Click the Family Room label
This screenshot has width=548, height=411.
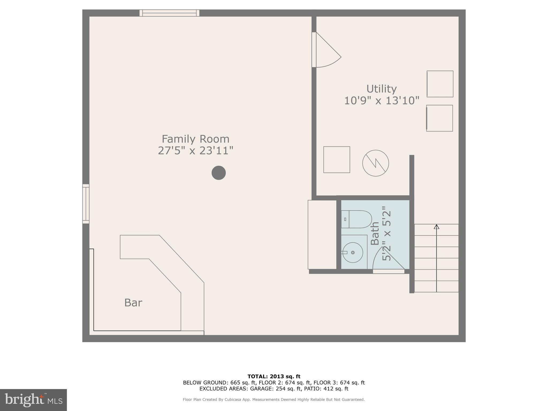coord(195,139)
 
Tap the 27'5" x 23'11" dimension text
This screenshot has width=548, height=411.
coord(195,151)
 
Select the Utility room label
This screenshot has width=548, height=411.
coord(381,89)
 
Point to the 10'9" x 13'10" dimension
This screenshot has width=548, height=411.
coord(381,101)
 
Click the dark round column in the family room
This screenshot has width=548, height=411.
coord(219,173)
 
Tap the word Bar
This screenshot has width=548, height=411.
coord(133,303)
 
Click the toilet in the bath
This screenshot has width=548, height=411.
coord(357,219)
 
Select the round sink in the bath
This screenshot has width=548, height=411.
coord(353,253)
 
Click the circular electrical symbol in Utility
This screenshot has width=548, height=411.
coord(375,163)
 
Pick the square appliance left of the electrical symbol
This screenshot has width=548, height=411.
coord(337,159)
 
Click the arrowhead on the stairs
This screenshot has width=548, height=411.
coord(436,227)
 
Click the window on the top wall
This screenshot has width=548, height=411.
coord(169,13)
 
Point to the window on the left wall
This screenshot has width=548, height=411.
coord(86,204)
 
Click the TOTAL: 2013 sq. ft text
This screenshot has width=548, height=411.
coord(274,376)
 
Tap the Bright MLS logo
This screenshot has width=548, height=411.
coord(33,400)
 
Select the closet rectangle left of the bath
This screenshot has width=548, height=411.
coord(322,235)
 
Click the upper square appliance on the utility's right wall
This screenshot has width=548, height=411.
coord(440,84)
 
